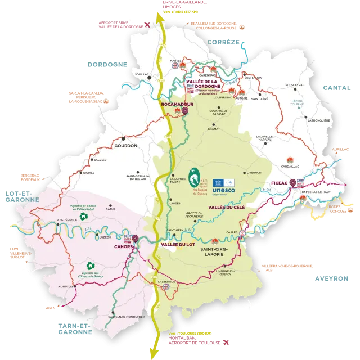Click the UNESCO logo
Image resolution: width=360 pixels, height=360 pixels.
click(224, 187)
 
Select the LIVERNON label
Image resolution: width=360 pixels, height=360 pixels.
click(253, 173)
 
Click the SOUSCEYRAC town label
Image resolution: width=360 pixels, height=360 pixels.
click(295, 85)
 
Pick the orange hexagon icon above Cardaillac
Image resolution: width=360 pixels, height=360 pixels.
click(290, 160)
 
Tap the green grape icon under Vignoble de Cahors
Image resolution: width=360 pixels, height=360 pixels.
click(83, 215)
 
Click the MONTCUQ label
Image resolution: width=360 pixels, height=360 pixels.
click(66, 286)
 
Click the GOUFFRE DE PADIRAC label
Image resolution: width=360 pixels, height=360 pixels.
click(217, 112)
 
